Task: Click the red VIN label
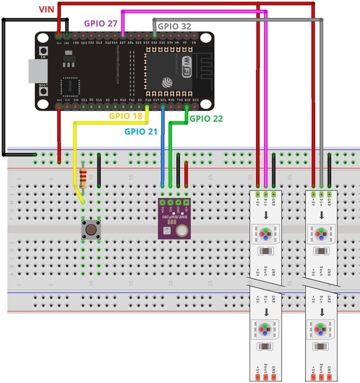click(46, 9)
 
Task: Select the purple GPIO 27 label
click(100, 23)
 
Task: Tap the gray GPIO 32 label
click(174, 26)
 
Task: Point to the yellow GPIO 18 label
click(126, 116)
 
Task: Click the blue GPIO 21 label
click(141, 131)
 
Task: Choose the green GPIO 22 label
click(207, 118)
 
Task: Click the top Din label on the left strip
click(266, 202)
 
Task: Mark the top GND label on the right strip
click(329, 202)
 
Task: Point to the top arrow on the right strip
click(322, 215)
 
